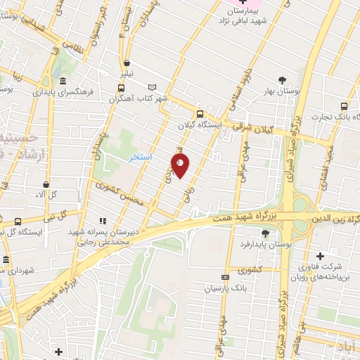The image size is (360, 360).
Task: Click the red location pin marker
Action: click(x=180, y=165)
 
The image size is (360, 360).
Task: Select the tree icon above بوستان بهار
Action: click(x=283, y=79)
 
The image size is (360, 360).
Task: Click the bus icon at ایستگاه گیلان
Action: click(x=200, y=114)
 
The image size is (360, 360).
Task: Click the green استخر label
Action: click(x=141, y=157)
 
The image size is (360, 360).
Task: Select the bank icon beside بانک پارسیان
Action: click(x=225, y=277)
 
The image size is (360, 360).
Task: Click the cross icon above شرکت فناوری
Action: click(x=321, y=255)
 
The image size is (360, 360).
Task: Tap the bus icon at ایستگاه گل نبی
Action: click(x=17, y=223)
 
